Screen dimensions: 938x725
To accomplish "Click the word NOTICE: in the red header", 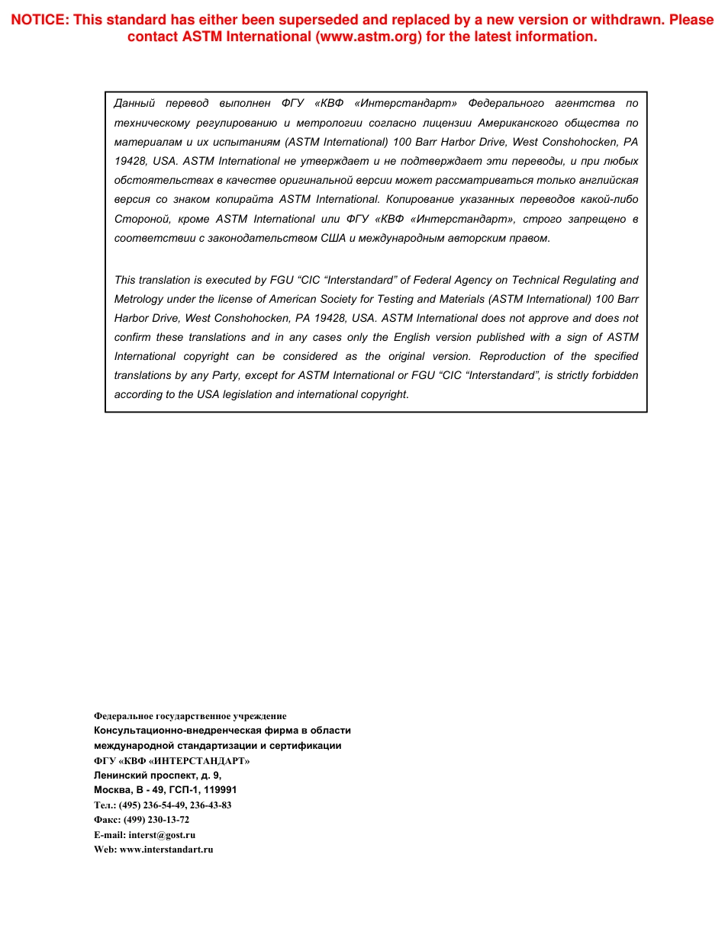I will pyautogui.click(x=39, y=20).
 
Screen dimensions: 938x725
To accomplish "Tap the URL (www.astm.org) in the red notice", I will pyautogui.click(x=369, y=37).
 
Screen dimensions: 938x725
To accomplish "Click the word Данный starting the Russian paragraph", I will pyautogui.click(x=134, y=103).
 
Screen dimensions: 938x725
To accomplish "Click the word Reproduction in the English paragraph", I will pyautogui.click(x=511, y=357).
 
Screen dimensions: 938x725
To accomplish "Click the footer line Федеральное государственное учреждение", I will pyautogui.click(x=190, y=716).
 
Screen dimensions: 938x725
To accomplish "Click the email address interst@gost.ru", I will pyautogui.click(x=162, y=835).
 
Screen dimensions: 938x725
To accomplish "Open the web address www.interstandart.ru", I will pyautogui.click(x=166, y=850).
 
